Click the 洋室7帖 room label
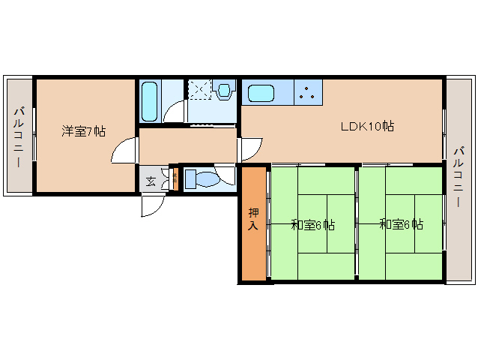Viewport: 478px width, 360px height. (83, 132)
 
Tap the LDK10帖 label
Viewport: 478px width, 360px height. (367, 127)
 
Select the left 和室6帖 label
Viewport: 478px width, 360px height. (312, 224)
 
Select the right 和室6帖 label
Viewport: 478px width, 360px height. (401, 224)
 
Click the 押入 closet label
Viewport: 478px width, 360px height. (254, 218)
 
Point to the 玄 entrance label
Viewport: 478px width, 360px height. (151, 181)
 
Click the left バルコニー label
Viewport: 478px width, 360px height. (17, 136)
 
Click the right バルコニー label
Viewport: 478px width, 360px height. (458, 180)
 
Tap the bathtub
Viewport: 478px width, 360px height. (148, 100)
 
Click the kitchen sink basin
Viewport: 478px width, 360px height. (261, 94)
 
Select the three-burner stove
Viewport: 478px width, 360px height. (307, 92)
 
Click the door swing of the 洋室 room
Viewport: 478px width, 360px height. (124, 152)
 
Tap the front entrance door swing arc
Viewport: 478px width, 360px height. (154, 205)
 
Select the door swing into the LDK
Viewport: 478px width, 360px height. (249, 149)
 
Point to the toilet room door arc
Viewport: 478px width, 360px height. (226, 174)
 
